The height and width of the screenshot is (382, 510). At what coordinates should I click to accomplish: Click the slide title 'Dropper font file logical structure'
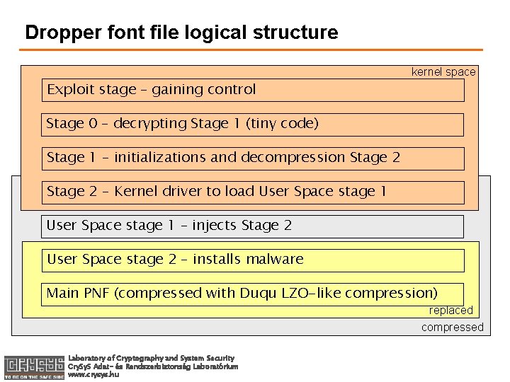pyautogui.click(x=181, y=33)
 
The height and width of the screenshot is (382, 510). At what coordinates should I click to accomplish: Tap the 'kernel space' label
pyautogui.click(x=443, y=72)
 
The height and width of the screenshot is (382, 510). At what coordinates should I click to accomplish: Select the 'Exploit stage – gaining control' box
pyautogui.click(x=253, y=90)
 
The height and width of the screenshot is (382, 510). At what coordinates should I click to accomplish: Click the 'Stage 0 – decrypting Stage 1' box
pyautogui.click(x=253, y=124)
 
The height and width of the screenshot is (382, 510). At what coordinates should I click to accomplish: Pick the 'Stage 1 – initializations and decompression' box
pyautogui.click(x=253, y=158)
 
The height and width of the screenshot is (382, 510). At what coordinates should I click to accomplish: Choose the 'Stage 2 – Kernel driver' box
pyautogui.click(x=253, y=192)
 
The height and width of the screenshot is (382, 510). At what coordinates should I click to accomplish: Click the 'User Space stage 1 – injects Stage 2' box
pyautogui.click(x=253, y=226)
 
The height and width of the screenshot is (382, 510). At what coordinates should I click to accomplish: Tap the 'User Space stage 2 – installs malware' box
pyautogui.click(x=253, y=260)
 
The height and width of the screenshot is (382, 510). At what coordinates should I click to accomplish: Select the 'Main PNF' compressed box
pyautogui.click(x=253, y=293)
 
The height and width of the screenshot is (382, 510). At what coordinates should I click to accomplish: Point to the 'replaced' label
pyautogui.click(x=450, y=311)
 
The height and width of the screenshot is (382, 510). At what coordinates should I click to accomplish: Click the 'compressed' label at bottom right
pyautogui.click(x=452, y=327)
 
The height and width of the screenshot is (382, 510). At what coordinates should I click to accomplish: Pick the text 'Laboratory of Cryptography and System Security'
pyautogui.click(x=151, y=358)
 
